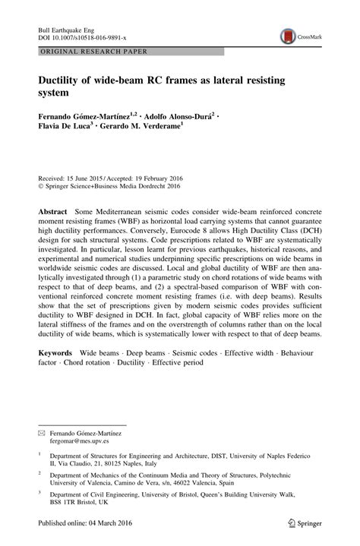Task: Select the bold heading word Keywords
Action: pos(60,354)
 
